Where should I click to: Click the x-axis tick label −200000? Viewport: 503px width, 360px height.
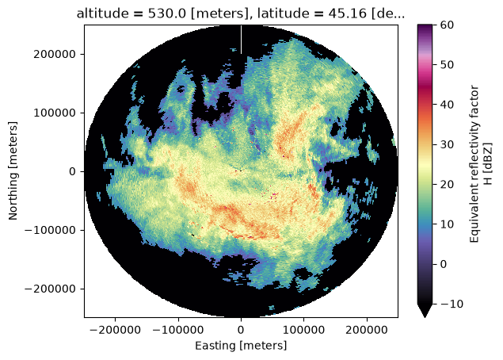tap(115, 330)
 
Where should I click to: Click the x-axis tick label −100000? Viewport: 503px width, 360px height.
tap(178, 330)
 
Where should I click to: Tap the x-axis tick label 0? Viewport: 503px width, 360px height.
tap(241, 330)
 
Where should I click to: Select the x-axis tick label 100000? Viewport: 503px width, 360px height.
tap(304, 330)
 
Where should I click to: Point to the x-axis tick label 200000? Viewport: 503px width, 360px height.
tap(367, 330)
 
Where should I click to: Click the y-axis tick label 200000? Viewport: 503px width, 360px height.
tap(55, 54)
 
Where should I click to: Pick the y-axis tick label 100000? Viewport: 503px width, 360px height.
tap(55, 113)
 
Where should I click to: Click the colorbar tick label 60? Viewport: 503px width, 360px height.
tap(447, 25)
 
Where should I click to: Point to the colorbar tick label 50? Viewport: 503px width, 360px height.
tap(447, 64)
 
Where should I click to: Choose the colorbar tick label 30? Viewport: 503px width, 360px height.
tap(447, 144)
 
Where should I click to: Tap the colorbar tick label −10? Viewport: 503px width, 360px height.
tap(452, 304)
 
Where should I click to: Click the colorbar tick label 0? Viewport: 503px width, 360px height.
tap(444, 264)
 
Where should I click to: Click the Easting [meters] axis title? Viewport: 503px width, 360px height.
tap(241, 346)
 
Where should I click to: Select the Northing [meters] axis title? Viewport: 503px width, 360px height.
tap(13, 170)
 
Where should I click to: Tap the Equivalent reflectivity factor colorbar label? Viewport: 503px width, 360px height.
tap(474, 164)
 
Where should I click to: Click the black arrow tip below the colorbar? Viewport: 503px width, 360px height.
tap(425, 316)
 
